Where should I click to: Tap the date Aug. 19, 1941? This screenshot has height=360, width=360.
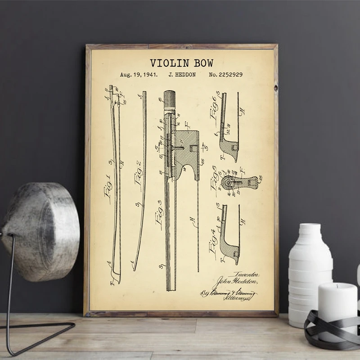139,75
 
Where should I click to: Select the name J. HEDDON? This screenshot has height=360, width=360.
181,75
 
